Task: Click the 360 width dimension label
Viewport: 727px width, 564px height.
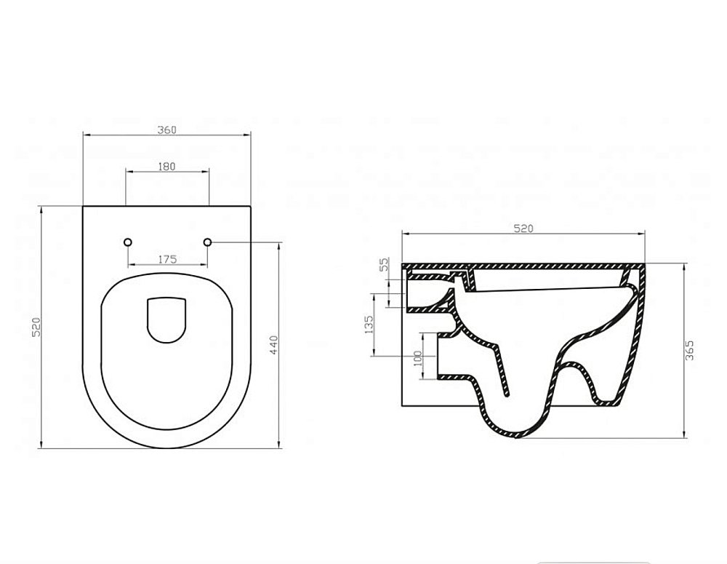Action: coord(166,129)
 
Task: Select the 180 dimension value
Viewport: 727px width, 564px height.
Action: coord(166,166)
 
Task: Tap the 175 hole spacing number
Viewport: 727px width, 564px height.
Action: coord(167,258)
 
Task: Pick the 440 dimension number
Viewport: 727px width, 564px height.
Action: coord(274,343)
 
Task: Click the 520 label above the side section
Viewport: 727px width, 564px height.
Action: coord(523,229)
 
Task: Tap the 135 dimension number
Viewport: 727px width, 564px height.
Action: coord(369,324)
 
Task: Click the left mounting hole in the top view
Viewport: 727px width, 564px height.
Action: coord(128,241)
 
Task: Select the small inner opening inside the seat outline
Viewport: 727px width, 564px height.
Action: coord(167,319)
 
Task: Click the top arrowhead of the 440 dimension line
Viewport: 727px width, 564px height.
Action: coord(280,245)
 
